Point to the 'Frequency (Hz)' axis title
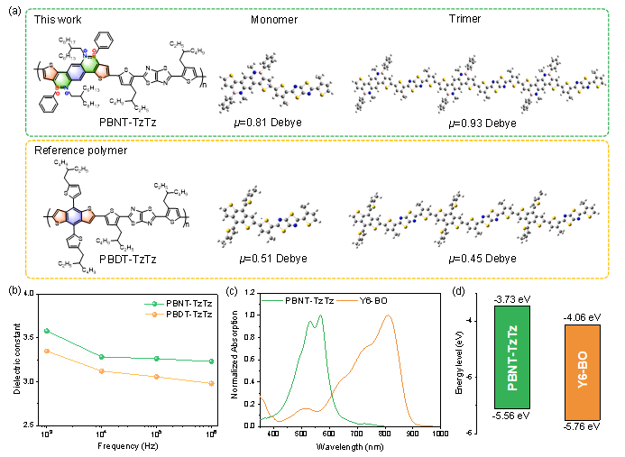tap(132, 446)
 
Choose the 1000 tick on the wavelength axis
tap(439, 434)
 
